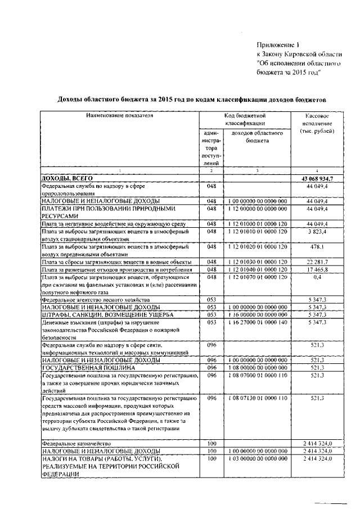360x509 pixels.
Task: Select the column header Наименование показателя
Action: pyautogui.click(x=119, y=115)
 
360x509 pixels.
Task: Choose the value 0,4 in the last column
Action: pyautogui.click(x=317, y=278)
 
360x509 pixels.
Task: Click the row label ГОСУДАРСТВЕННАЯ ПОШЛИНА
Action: pyautogui.click(x=82, y=368)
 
